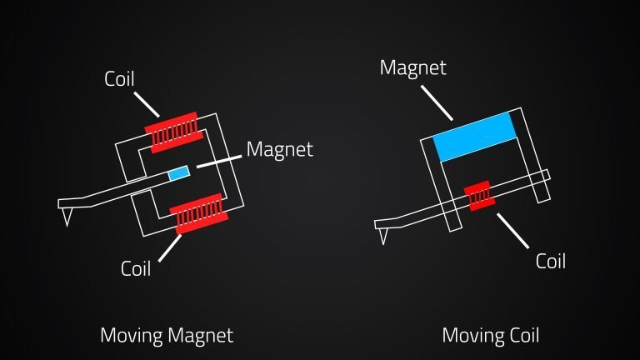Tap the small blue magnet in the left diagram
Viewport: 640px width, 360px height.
178,173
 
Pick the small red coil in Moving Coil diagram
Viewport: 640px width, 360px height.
479,197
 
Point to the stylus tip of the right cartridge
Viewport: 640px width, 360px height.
383,241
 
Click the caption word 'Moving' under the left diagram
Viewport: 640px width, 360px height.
131,336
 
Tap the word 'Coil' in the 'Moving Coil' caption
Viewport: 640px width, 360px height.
523,336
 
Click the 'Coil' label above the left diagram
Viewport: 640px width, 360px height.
120,79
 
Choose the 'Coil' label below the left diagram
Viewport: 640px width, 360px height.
136,268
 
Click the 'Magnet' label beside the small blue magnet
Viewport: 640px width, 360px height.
280,150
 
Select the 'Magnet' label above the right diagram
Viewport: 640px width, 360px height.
412,67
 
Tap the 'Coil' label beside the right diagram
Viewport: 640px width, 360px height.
550,261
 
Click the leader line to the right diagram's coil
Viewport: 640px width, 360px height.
512,231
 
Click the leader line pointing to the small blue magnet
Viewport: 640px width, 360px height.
218,161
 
